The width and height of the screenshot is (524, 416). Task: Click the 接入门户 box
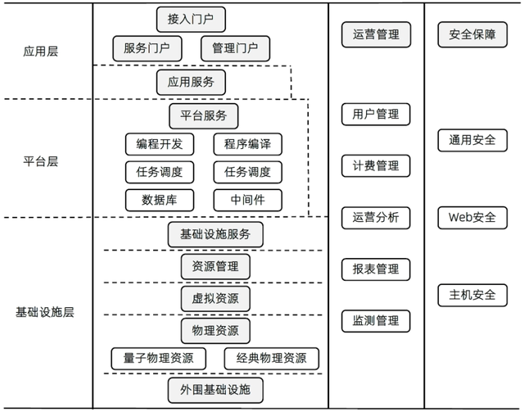tap(190, 19)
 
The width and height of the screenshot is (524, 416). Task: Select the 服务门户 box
tap(147, 48)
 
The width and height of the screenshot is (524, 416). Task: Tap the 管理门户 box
tap(234, 48)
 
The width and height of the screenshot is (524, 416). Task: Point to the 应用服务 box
tap(190, 82)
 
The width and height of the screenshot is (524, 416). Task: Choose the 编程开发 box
tap(159, 144)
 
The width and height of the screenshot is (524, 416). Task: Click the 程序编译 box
tap(247, 144)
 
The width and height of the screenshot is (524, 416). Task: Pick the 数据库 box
tap(159, 200)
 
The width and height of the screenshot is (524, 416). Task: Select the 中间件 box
tap(247, 200)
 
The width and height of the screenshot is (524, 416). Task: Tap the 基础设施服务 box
tap(215, 234)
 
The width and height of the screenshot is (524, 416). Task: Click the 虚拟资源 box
tap(215, 298)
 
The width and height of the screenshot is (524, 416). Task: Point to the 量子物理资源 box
tap(159, 359)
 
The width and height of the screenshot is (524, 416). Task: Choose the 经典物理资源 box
tap(271, 359)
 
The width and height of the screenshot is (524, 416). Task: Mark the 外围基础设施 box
tap(215, 390)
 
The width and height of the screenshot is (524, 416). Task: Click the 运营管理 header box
tap(376, 34)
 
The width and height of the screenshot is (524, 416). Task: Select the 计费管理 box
tap(376, 165)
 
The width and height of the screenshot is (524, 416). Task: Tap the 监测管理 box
tap(376, 320)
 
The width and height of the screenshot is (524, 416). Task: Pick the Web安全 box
tap(472, 217)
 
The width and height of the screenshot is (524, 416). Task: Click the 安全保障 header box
tap(472, 34)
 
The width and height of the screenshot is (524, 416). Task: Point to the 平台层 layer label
tap(41, 161)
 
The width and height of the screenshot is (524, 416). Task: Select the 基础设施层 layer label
tap(45, 312)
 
